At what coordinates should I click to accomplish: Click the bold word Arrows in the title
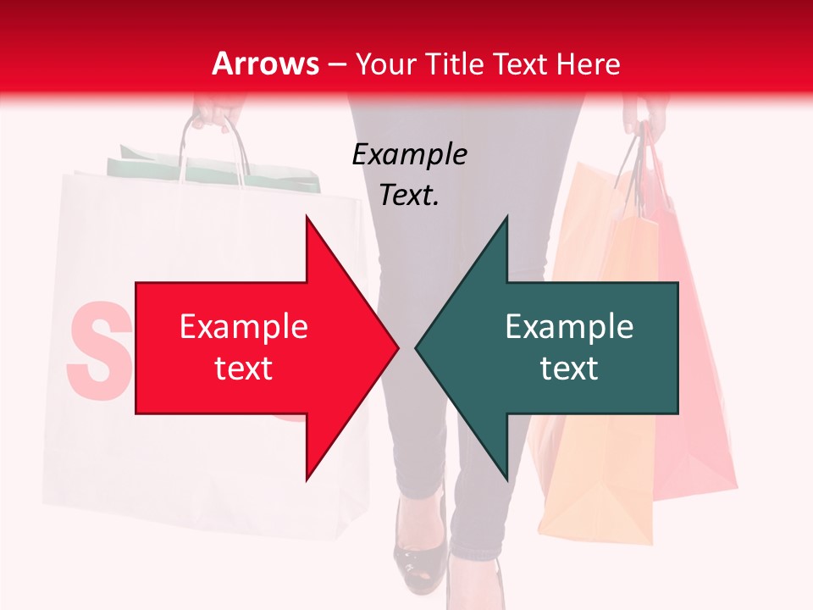click(x=266, y=64)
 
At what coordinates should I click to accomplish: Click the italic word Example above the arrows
click(x=409, y=154)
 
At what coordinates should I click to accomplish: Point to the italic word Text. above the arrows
click(x=409, y=195)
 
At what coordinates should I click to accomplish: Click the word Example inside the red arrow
click(x=243, y=326)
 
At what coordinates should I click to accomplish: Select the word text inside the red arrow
click(x=243, y=368)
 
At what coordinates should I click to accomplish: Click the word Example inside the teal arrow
click(x=569, y=326)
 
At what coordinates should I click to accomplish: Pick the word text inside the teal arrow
click(x=569, y=368)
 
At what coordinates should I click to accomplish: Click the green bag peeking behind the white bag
click(x=212, y=169)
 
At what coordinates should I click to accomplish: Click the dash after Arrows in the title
click(x=336, y=64)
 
